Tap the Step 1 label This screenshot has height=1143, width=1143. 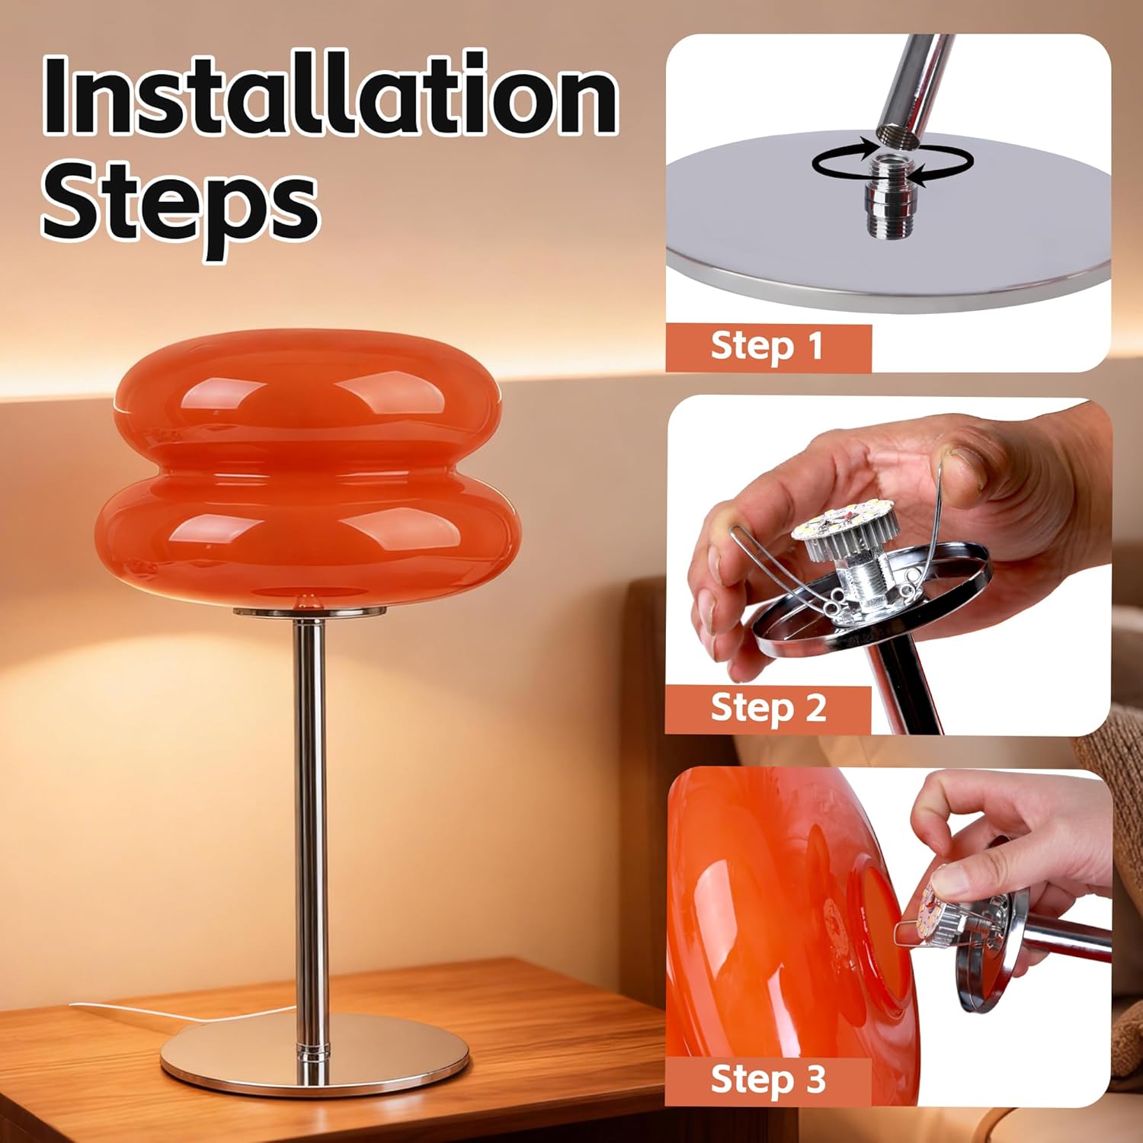(x=767, y=347)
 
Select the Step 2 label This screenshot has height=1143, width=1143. (x=768, y=708)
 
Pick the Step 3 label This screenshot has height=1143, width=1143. (x=768, y=1079)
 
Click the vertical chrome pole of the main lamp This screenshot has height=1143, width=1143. (x=310, y=800)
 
